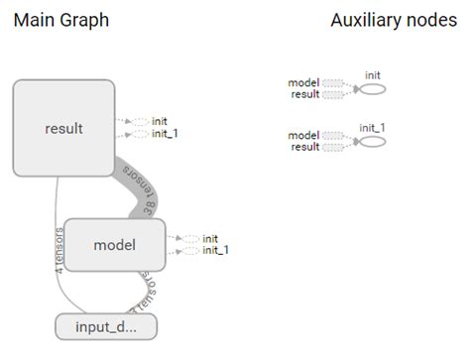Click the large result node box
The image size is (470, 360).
click(64, 128)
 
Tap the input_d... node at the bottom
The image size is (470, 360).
click(105, 326)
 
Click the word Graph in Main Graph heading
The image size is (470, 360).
click(83, 20)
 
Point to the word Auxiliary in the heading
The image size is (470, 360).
click(366, 20)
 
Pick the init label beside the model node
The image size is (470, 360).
click(210, 238)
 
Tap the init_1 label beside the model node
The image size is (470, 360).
click(215, 251)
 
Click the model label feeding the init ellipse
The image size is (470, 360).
click(302, 82)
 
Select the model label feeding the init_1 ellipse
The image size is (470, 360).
click(302, 135)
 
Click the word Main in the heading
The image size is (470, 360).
click(33, 20)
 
